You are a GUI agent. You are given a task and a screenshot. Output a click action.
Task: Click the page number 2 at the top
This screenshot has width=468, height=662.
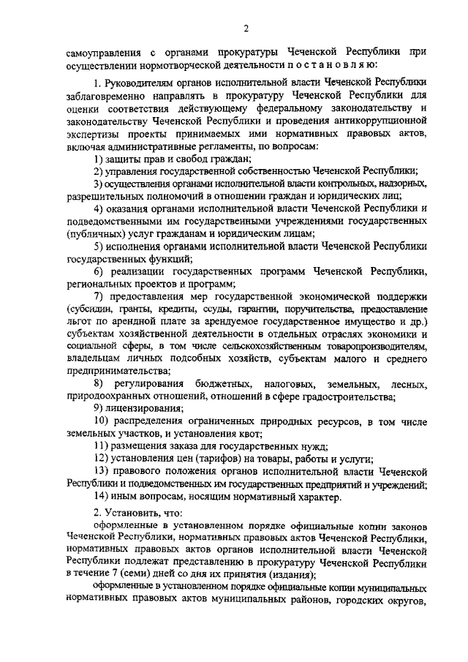[246, 29]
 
